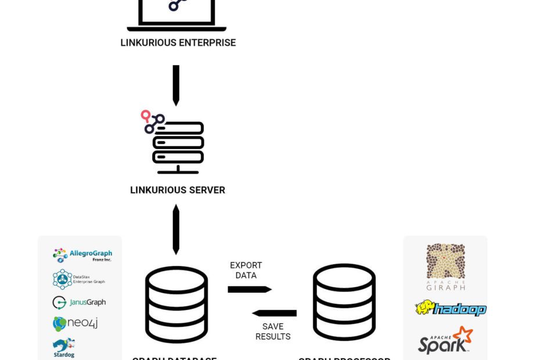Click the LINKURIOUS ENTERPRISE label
pos(178,42)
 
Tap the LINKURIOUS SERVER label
pos(177,190)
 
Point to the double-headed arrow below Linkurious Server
pos(176,229)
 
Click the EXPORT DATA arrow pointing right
pos(249,289)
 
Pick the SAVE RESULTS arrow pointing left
pos(274,314)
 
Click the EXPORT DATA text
pos(246,270)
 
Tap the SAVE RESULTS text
pos(273,332)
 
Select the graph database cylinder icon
pos(176,304)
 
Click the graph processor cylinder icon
pos(344,303)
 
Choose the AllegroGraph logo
pos(82,254)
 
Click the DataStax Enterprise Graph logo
pos(79,279)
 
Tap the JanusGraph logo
pos(79,303)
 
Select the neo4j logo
pos(75,323)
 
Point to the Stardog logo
pos(64,347)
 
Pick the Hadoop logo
pos(451,308)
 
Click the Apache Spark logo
pos(445,341)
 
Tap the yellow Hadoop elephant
pos(426,307)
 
